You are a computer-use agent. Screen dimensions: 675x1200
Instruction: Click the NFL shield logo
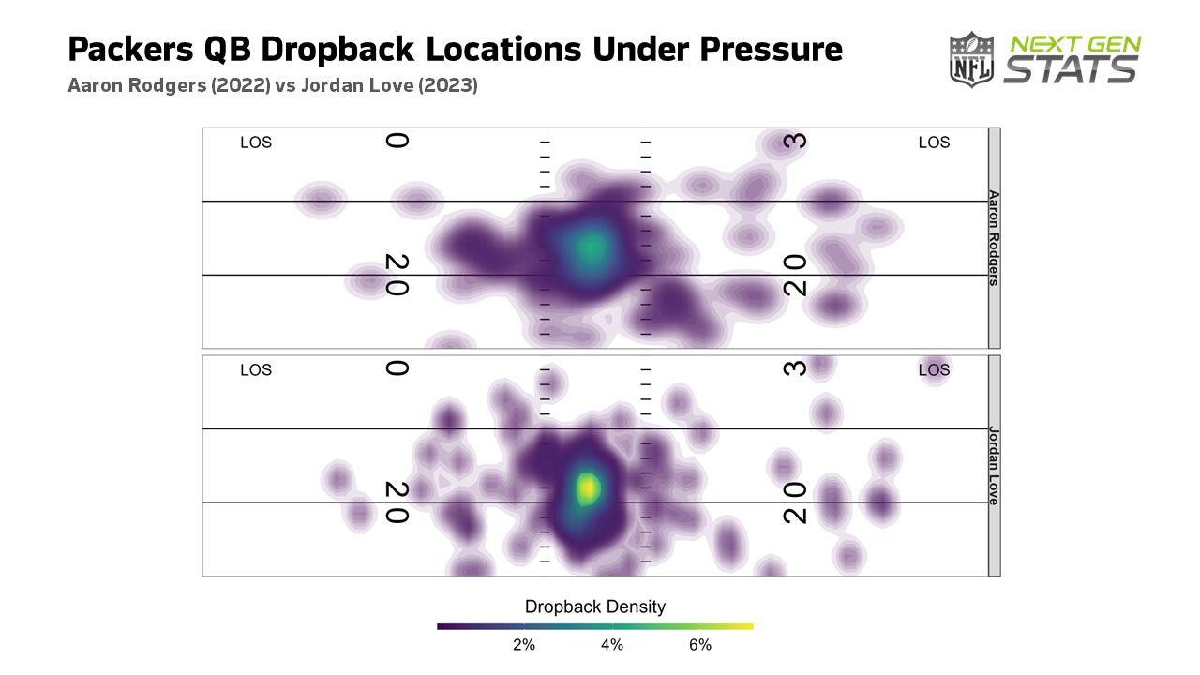pyautogui.click(x=971, y=60)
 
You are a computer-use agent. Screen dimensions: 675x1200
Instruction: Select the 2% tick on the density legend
pyautogui.click(x=523, y=645)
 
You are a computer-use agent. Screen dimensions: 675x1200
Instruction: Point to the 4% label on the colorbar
pyautogui.click(x=611, y=645)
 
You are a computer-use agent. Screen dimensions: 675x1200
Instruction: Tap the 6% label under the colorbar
pyautogui.click(x=699, y=645)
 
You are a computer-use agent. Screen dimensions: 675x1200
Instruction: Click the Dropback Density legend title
pyautogui.click(x=594, y=607)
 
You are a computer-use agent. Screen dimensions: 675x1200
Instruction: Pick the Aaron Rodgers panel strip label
pyautogui.click(x=994, y=238)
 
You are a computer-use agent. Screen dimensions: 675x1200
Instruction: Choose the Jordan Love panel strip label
pyautogui.click(x=994, y=466)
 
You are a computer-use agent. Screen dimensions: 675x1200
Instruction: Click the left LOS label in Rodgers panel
pyautogui.click(x=256, y=142)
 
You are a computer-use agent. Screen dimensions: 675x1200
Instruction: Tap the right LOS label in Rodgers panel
pyautogui.click(x=934, y=142)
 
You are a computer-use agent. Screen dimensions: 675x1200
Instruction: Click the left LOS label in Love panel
pyautogui.click(x=256, y=370)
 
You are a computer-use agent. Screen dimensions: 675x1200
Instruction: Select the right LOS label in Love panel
pyautogui.click(x=934, y=370)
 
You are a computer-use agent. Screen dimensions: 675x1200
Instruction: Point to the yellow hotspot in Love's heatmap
pyautogui.click(x=588, y=487)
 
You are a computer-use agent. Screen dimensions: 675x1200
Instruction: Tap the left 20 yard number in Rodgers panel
pyautogui.click(x=397, y=275)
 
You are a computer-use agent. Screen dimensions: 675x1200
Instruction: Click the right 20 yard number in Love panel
pyautogui.click(x=796, y=502)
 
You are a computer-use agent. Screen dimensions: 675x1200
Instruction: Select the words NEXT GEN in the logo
pyautogui.click(x=1074, y=45)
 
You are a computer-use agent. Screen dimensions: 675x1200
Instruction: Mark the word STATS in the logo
pyautogui.click(x=1071, y=70)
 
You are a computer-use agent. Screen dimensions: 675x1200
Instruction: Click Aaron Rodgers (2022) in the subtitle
pyautogui.click(x=169, y=85)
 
